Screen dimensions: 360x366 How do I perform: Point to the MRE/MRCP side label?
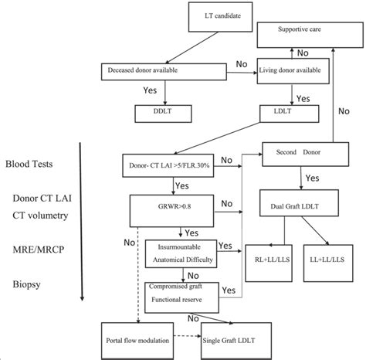(32, 251)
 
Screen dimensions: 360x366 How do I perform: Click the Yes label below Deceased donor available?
(151, 91)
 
